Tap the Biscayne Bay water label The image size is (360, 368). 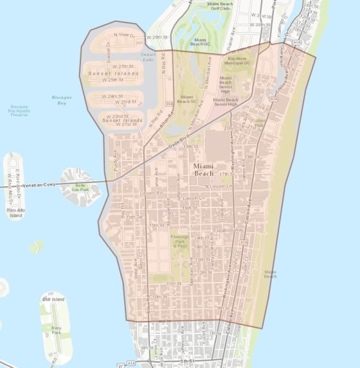pos(62,100)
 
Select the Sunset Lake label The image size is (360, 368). pos(148,57)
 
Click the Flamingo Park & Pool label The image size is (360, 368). pos(180,241)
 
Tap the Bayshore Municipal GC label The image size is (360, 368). pos(238,62)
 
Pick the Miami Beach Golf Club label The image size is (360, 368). pos(221,6)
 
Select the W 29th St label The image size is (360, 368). pos(157,38)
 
